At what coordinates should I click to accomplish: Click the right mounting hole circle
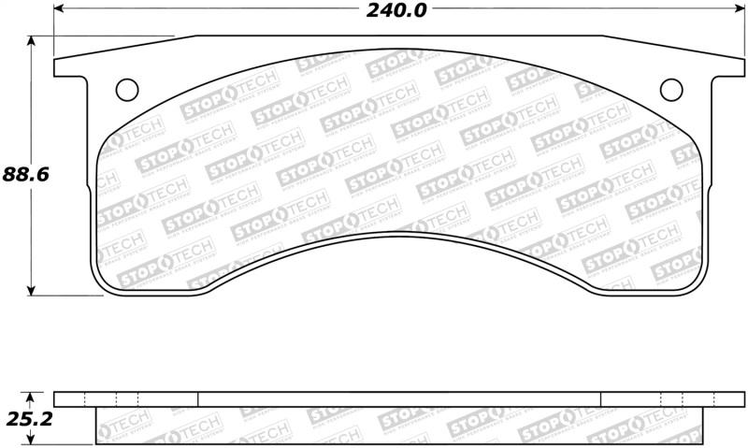click(670, 89)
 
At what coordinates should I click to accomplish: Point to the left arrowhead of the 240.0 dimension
click(59, 9)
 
